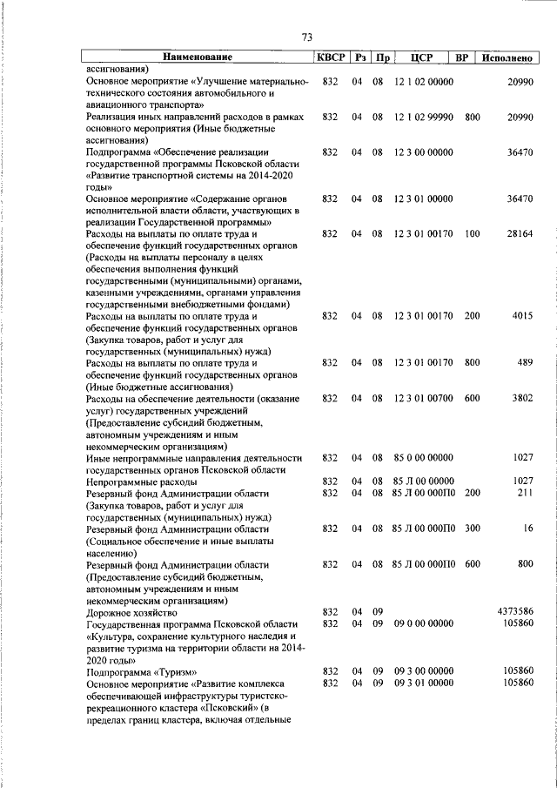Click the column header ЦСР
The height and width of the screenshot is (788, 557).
(x=414, y=57)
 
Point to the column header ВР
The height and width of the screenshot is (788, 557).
(x=462, y=57)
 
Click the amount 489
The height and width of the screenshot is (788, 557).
(x=525, y=362)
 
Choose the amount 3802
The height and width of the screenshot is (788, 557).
(x=521, y=398)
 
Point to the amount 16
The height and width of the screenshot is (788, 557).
(x=527, y=529)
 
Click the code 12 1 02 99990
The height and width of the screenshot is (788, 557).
(x=423, y=116)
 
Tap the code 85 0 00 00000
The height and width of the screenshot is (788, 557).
(x=423, y=457)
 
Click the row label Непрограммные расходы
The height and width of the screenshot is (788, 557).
(x=137, y=481)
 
